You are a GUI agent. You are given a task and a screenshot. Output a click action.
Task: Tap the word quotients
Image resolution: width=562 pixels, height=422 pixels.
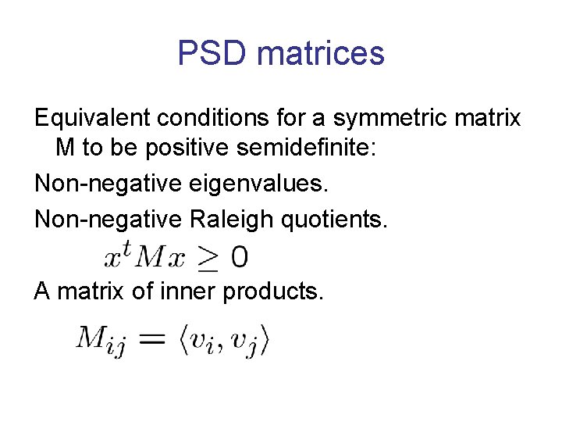pyautogui.click(x=339, y=220)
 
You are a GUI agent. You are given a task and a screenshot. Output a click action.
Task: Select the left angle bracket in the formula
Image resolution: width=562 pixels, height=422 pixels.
pyautogui.click(x=185, y=340)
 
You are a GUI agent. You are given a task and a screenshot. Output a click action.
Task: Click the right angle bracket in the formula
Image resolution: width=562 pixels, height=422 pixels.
pyautogui.click(x=265, y=340)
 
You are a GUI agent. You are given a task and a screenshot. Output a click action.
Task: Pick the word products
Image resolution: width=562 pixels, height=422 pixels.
pyautogui.click(x=272, y=292)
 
